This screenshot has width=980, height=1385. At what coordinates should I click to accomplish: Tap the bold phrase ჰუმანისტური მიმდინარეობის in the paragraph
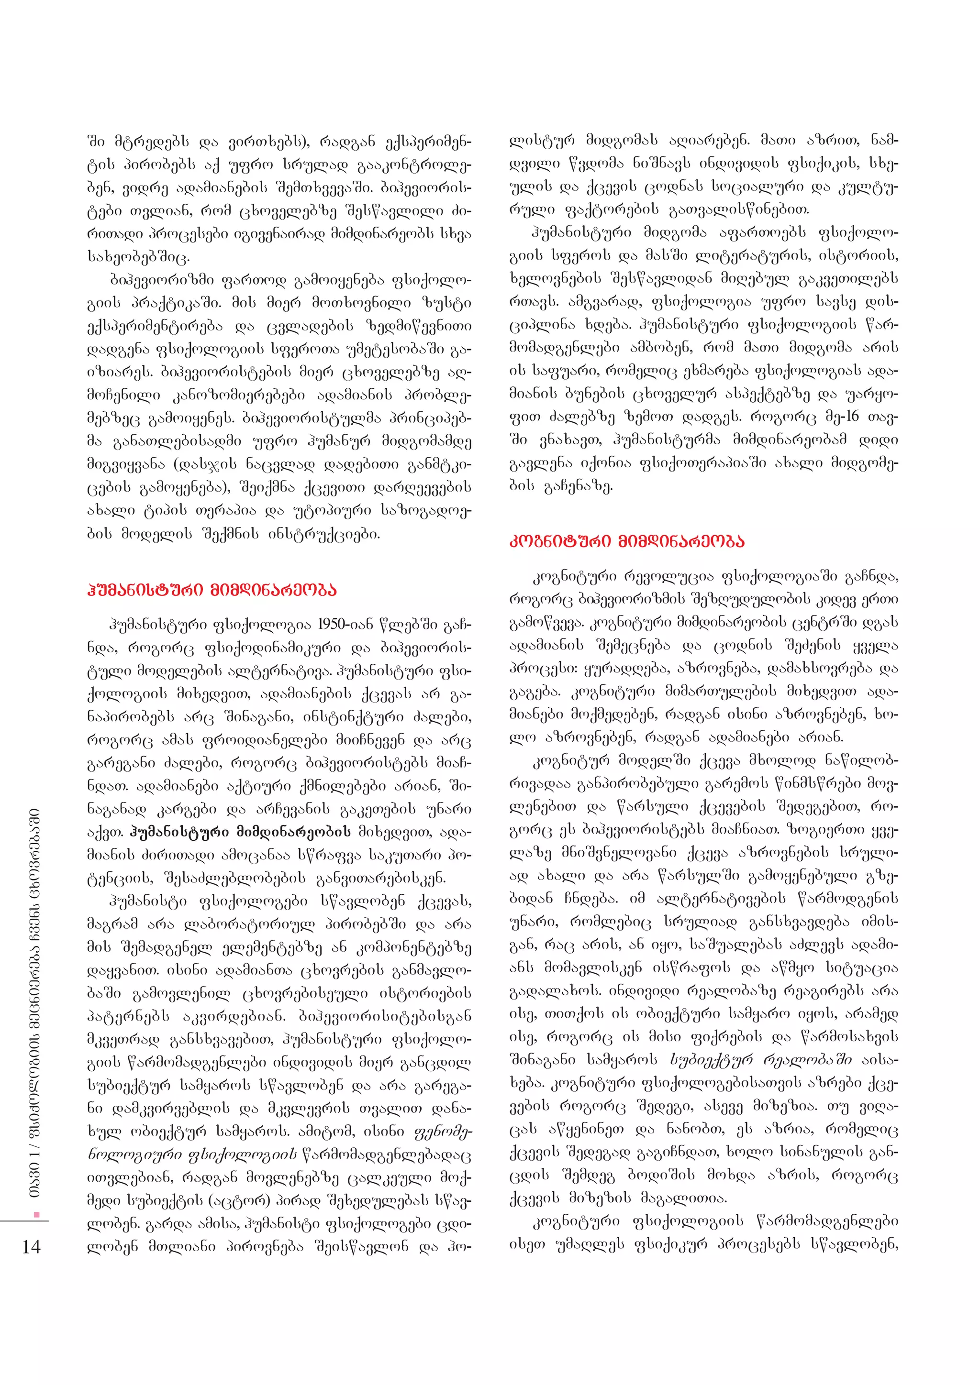pyautogui.click(x=240, y=832)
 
